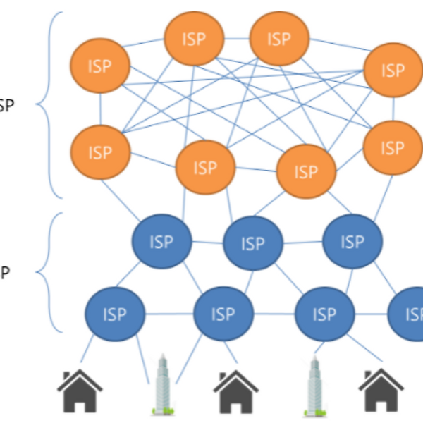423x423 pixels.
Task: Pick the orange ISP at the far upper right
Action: [x=392, y=71]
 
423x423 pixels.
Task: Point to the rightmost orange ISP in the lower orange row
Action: [x=392, y=148]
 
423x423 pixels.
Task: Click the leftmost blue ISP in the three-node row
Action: [x=161, y=242]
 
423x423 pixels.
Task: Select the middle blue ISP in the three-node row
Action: [x=252, y=244]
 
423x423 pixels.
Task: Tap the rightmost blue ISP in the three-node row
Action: [x=352, y=242]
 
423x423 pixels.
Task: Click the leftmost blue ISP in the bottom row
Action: [x=115, y=313]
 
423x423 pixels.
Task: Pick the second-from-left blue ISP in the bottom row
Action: [x=223, y=313]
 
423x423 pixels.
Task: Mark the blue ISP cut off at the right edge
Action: [x=409, y=313]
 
